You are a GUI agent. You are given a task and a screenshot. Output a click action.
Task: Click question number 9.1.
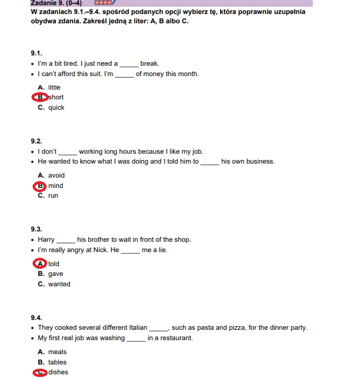click(36, 53)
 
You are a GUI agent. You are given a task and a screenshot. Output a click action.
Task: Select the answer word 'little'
click(54, 88)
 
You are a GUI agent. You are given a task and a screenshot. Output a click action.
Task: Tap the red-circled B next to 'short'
click(39, 97)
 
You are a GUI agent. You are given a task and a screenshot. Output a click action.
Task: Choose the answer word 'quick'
click(56, 108)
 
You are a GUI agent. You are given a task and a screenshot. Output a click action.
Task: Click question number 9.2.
click(36, 141)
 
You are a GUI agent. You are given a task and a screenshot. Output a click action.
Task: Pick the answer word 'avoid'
click(56, 176)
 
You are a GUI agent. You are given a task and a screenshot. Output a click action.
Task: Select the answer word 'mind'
click(56, 186)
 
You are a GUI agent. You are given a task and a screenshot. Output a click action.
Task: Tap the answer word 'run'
click(53, 196)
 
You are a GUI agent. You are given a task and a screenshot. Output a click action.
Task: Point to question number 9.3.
click(36, 229)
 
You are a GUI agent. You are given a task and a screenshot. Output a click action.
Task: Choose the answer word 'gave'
click(55, 274)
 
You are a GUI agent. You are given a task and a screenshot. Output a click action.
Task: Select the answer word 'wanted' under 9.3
click(59, 284)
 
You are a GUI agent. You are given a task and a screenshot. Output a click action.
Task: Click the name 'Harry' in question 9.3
click(46, 240)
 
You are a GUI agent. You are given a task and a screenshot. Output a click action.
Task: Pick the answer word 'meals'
click(57, 352)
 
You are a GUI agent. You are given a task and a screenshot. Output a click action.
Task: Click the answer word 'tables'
click(57, 362)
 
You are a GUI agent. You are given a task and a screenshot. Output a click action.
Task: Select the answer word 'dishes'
click(58, 372)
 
